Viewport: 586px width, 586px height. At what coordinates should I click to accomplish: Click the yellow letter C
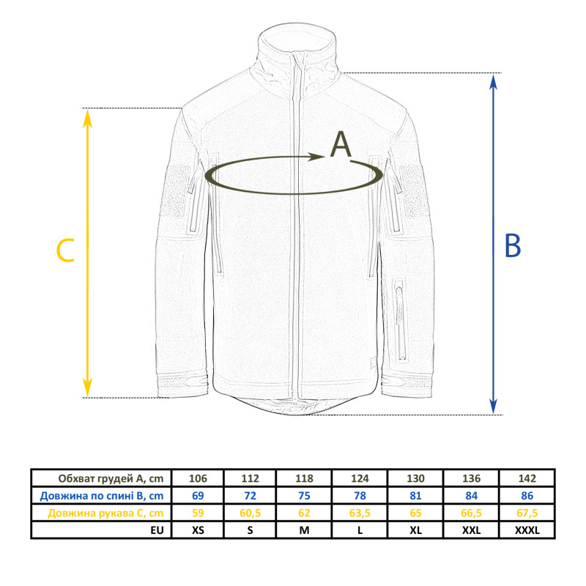(x=65, y=251)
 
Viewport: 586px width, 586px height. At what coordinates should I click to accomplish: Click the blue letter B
(x=512, y=245)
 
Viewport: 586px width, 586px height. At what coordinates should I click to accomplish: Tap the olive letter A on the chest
(x=341, y=144)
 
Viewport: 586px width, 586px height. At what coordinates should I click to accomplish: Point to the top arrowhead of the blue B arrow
(x=493, y=82)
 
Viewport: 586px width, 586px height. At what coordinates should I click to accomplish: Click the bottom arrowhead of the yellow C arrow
(x=87, y=388)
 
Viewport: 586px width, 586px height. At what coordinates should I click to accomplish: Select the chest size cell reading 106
(x=198, y=478)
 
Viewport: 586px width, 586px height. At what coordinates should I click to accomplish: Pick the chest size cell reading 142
(x=527, y=478)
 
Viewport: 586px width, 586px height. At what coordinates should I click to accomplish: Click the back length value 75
(x=304, y=496)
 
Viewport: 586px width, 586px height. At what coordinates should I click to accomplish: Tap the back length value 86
(x=527, y=496)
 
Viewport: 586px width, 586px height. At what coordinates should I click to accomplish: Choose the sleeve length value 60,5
(x=250, y=513)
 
